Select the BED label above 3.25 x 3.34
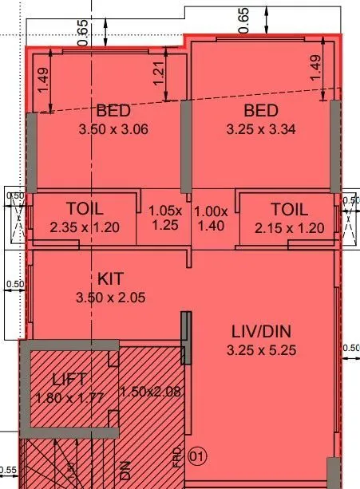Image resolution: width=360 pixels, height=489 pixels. tap(260, 110)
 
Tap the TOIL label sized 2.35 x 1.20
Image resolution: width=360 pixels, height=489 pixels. tap(85, 209)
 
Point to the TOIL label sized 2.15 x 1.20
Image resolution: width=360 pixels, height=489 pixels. tap(289, 209)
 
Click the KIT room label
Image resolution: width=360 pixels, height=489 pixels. tap(111, 280)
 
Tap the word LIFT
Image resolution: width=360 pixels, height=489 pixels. tap(70, 380)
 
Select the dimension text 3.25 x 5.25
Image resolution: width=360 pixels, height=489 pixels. tap(260, 349)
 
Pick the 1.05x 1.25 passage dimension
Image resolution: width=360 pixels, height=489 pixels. tap(166, 218)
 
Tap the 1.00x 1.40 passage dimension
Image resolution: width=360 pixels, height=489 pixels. tap(212, 218)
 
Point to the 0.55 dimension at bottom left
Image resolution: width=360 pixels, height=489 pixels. tap(8, 471)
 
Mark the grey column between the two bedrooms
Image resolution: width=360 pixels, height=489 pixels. tap(187, 147)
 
